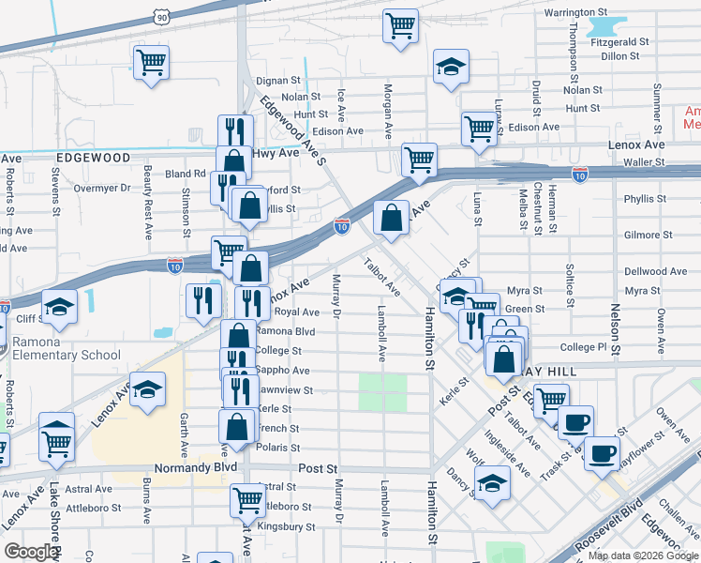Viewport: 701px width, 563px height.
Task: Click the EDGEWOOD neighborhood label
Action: pos(92,159)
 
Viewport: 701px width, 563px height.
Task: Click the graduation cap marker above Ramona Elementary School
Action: pos(59,309)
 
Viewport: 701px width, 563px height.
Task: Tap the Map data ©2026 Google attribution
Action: pos(643,555)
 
